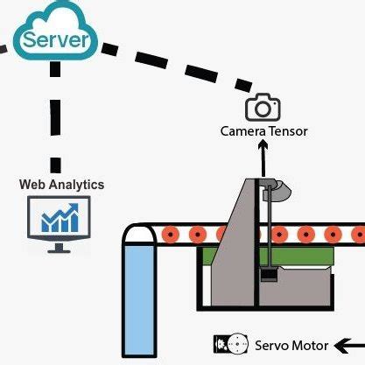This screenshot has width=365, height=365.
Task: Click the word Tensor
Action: click(x=288, y=132)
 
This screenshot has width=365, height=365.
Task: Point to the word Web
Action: click(x=33, y=185)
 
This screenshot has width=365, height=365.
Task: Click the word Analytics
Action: click(x=76, y=185)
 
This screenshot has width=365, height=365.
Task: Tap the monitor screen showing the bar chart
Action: click(x=60, y=218)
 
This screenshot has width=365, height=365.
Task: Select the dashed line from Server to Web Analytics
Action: click(x=56, y=123)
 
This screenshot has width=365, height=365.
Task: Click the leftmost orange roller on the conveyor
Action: click(x=170, y=235)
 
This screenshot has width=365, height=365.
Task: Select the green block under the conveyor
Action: click(x=306, y=256)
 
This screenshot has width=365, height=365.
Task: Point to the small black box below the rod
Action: click(x=270, y=276)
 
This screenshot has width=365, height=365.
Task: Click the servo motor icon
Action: click(x=230, y=343)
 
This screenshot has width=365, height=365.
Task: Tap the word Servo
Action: click(x=270, y=344)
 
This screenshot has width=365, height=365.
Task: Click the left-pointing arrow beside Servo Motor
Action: click(x=350, y=343)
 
